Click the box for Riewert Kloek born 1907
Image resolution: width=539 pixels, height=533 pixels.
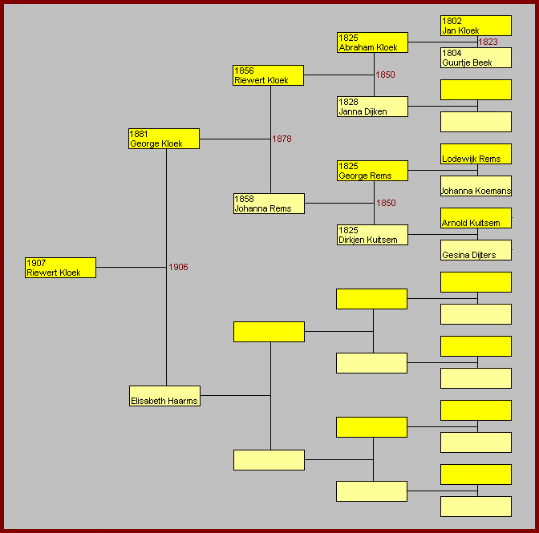pos(60,268)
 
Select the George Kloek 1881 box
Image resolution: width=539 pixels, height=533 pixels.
pos(164,139)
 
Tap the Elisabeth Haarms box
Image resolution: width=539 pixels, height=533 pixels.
pos(164,396)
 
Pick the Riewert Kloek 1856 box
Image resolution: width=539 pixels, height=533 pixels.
pos(268,75)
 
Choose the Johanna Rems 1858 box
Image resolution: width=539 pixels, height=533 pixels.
pos(269,204)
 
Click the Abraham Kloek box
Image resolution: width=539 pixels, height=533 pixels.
pos(373,42)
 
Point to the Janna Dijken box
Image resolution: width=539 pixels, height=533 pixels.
pos(373,107)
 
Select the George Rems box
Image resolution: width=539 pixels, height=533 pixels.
pos(373,171)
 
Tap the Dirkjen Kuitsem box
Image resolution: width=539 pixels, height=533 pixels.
pos(373,235)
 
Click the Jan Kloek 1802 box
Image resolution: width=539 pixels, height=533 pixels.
pos(476,26)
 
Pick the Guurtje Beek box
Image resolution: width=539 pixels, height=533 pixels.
pos(476,58)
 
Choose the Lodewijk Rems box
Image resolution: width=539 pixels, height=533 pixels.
pos(476,154)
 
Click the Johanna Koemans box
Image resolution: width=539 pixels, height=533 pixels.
pos(476,186)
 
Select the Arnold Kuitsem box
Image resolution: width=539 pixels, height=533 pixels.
pos(476,218)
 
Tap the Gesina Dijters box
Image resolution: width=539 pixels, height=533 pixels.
pos(476,250)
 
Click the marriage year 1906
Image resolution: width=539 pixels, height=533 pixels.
pos(178,267)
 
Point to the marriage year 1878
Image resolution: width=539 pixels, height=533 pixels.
pos(282,139)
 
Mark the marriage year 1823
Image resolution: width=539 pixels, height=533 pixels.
pos(488,42)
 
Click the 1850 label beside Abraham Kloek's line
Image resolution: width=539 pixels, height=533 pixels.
pos(385,75)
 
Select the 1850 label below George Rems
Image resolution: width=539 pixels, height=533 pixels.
pos(386,203)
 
